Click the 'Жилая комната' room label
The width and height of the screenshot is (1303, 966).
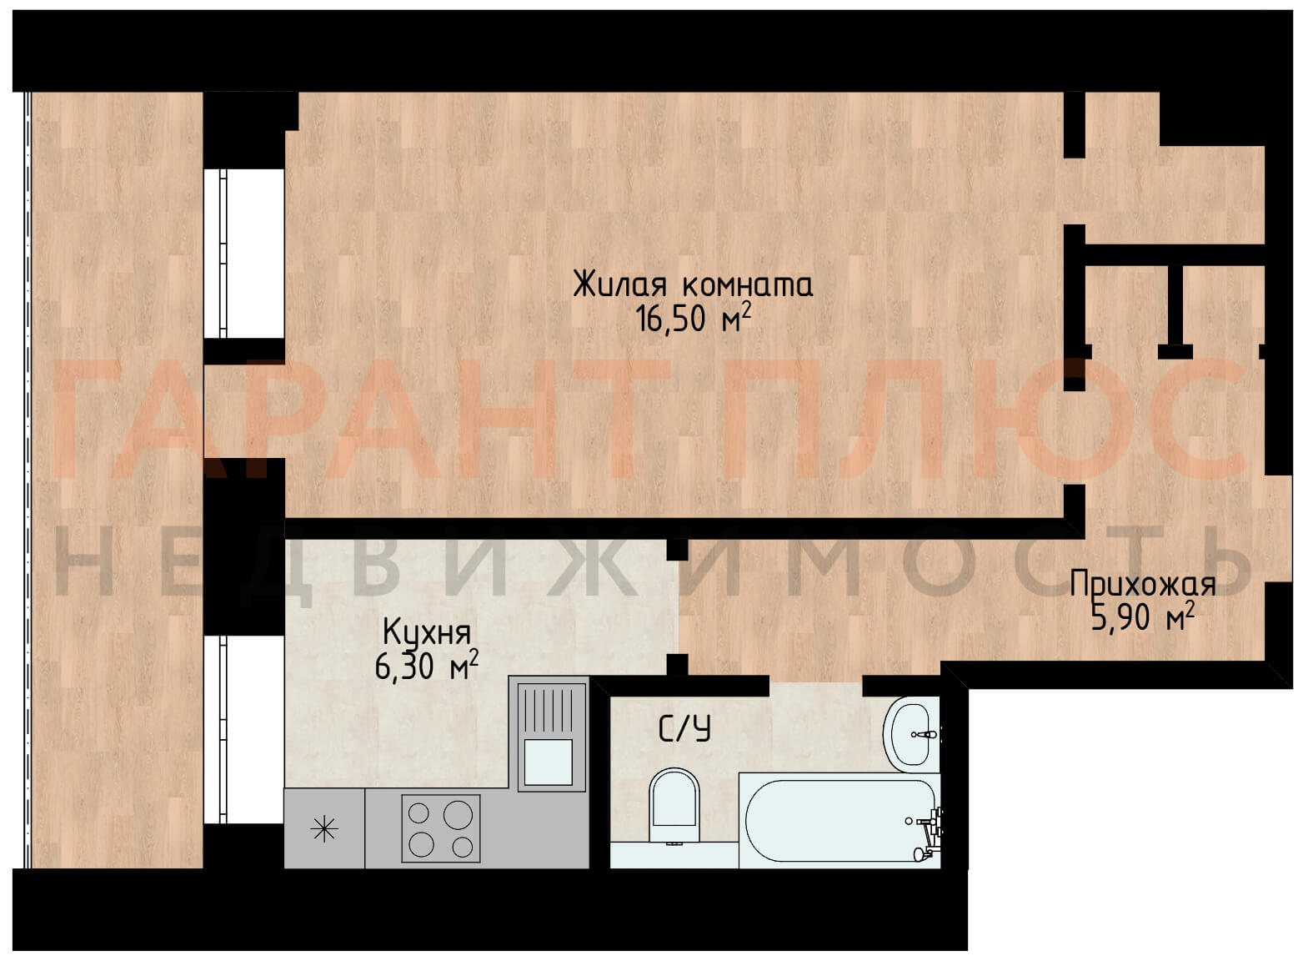pos(693,284)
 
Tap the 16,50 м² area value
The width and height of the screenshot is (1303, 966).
pos(693,318)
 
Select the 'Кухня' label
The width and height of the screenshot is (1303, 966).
pos(427,632)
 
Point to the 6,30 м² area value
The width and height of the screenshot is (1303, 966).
pos(427,666)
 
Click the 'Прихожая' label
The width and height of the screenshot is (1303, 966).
pos(1143,585)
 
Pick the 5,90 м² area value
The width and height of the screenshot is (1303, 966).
pos(1143,616)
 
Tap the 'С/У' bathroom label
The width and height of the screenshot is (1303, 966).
pos(684,729)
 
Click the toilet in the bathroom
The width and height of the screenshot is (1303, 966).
pos(674,806)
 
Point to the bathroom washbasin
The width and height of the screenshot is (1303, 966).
pos(912,734)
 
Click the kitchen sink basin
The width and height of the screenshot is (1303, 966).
pos(548,762)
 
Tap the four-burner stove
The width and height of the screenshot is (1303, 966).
pos(441,828)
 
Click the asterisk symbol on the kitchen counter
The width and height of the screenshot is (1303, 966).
pos(324,829)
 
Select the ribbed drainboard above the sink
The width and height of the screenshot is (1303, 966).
pos(548,711)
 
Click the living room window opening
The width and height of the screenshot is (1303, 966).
pos(243,254)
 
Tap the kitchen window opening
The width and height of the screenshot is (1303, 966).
pos(243,730)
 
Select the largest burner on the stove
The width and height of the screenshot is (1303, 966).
pos(458,816)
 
